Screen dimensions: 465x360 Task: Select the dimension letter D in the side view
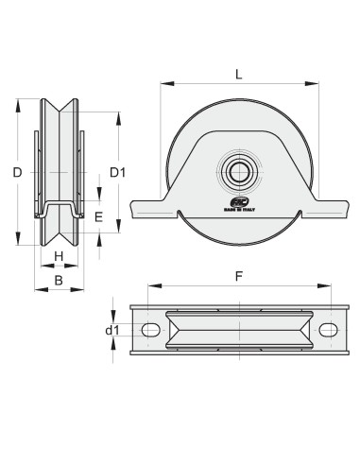16,172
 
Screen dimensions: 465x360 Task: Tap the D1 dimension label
117,172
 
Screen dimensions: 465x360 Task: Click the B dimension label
58,280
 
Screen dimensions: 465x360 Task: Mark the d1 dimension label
112,330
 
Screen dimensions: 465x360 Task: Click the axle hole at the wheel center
236,172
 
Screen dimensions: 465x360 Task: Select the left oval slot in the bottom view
150,329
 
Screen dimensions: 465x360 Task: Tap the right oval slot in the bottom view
327,329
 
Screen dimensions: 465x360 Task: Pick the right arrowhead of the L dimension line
316,84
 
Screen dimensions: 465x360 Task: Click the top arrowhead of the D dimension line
16,103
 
